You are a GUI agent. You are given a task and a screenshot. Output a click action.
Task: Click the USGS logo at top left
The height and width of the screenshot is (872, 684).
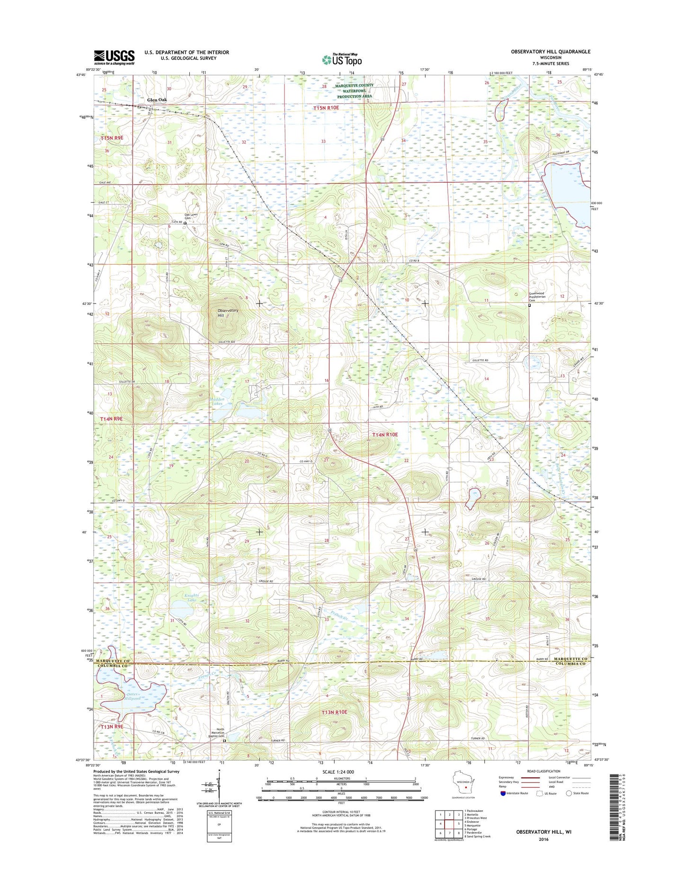point(114,57)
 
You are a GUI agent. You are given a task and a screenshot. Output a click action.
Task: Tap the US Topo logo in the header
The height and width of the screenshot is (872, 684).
point(342,59)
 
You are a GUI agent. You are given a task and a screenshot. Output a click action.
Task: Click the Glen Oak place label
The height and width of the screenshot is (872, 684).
point(157,100)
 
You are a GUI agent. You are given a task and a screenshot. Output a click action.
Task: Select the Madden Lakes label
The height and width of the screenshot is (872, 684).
point(217,401)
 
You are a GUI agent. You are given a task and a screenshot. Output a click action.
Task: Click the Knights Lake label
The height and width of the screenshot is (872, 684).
point(191,597)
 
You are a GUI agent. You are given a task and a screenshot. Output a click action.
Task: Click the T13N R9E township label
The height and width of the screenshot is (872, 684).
point(111,726)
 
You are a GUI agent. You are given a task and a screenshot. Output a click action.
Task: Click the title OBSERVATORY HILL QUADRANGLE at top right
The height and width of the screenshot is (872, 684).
point(551,52)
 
